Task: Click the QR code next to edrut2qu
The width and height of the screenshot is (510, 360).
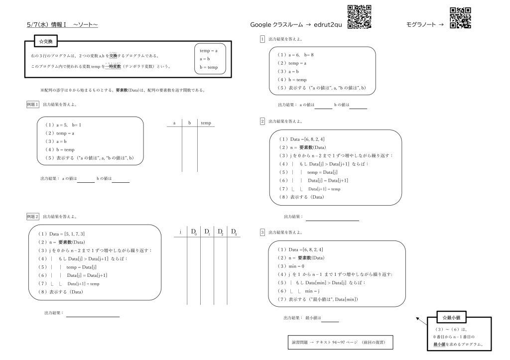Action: tap(359, 16)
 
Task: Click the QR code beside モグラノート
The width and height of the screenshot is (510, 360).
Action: tap(460, 18)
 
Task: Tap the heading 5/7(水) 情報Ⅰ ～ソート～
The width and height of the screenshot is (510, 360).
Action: tap(63, 24)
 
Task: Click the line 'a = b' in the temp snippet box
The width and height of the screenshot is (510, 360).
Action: tap(205, 59)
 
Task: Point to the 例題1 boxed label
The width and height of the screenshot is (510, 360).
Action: tap(32, 105)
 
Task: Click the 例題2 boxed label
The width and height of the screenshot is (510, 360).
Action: tap(32, 217)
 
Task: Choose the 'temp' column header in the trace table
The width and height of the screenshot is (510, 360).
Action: tap(206, 122)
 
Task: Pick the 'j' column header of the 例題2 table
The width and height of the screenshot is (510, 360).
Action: tap(180, 232)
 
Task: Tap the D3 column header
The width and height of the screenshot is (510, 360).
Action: tap(234, 232)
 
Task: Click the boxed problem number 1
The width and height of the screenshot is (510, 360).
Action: tap(262, 39)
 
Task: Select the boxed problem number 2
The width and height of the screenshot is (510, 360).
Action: tap(262, 121)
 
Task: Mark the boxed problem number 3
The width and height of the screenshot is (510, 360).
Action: tap(262, 232)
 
